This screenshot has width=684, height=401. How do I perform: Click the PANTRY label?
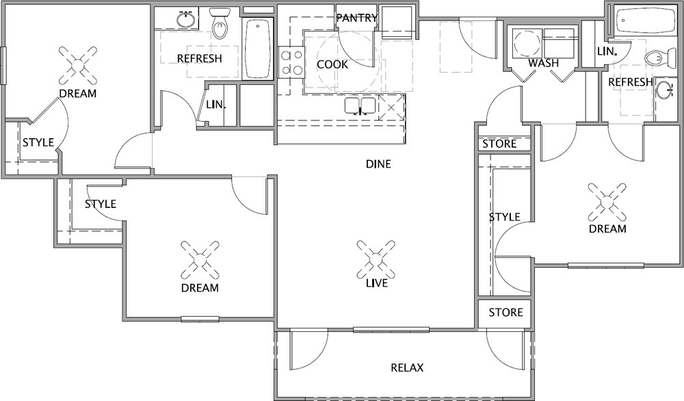point(357,18)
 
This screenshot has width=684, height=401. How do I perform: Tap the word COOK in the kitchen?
point(332,64)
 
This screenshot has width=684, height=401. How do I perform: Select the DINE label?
point(378,164)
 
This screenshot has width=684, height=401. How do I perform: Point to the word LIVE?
point(377,283)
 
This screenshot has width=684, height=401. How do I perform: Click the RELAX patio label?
point(407,368)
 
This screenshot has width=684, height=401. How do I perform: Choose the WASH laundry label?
point(544,63)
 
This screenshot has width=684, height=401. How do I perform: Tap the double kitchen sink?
point(360,106)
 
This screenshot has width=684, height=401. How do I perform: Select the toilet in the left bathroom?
point(219,23)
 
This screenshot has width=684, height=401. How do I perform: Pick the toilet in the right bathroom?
point(659,58)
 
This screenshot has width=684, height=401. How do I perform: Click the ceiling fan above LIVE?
point(376,259)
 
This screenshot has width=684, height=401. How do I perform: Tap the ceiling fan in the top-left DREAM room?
point(78,66)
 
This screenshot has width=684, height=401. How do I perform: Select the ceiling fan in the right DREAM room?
point(607,202)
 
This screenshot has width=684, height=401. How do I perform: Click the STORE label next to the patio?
point(505,313)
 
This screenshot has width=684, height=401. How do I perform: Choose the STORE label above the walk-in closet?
point(499,144)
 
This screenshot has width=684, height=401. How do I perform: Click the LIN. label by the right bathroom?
point(607,51)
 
